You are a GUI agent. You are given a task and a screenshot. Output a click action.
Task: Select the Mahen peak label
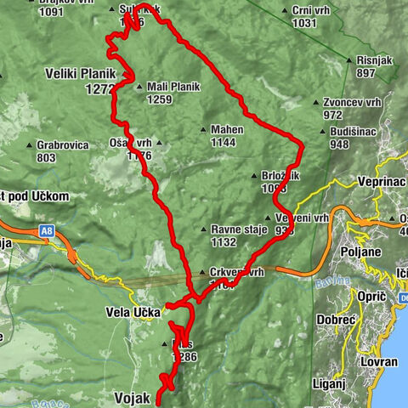pos(227,130)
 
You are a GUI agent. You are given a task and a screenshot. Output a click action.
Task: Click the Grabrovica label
pos(63,145)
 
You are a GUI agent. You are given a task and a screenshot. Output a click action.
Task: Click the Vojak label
pos(132,397)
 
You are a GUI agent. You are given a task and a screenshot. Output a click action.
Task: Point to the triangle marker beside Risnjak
pos(350,61)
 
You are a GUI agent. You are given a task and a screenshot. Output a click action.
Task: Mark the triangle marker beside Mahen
pos(203,130)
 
